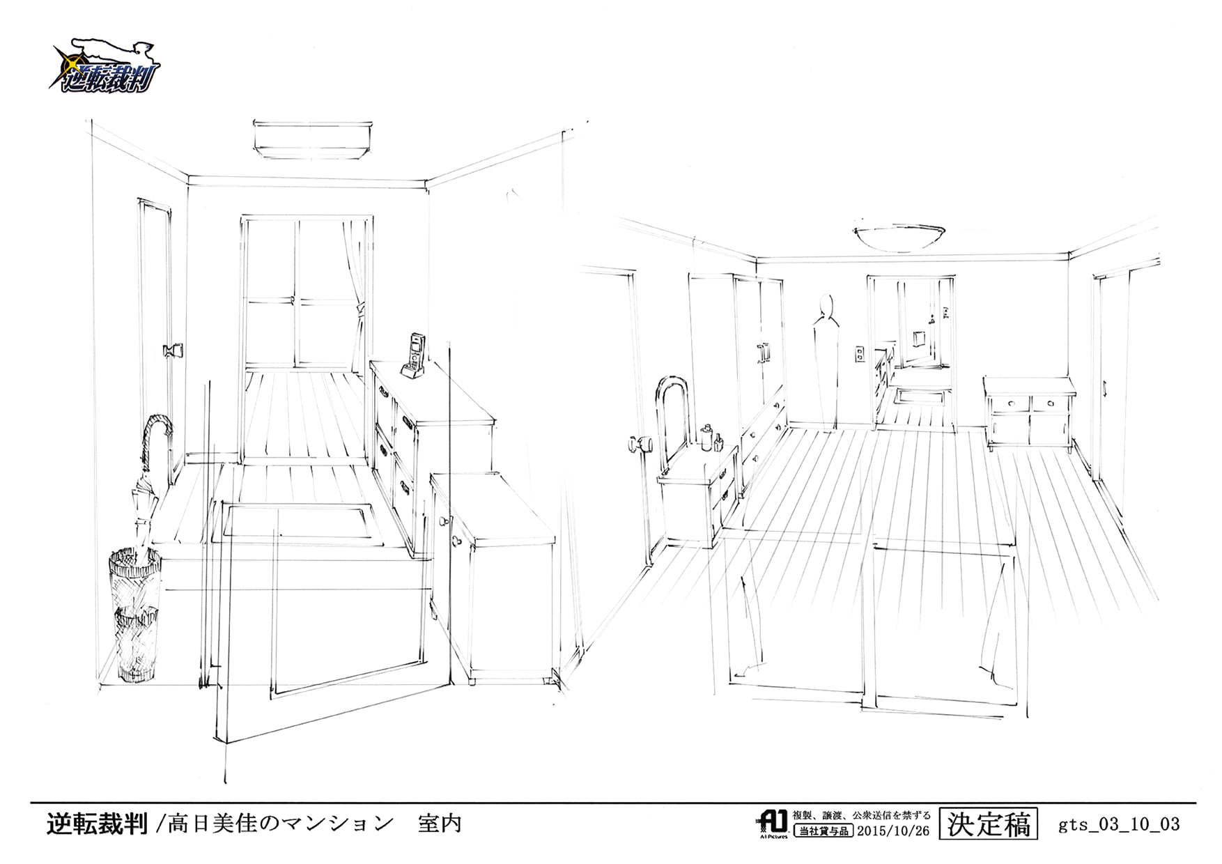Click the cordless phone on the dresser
coord(415,355)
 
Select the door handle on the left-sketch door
coord(172,350)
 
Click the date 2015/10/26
coord(892,831)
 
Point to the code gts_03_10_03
coord(1119,825)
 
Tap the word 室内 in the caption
coord(440,824)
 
